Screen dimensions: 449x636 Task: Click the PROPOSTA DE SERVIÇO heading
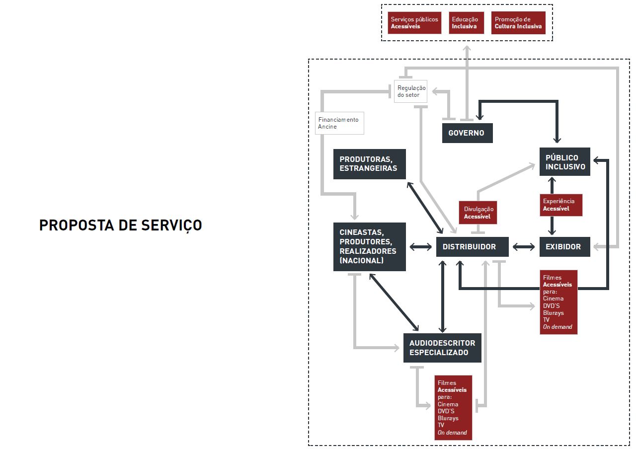coord(121,225)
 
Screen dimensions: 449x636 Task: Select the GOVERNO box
coord(467,133)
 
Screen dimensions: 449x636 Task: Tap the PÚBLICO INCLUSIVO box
coord(565,162)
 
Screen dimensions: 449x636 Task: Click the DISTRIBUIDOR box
coord(472,247)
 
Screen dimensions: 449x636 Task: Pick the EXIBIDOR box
coord(564,247)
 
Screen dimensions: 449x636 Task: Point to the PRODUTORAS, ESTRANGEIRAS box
coord(369,164)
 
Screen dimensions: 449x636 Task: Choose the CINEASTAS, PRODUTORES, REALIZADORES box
coord(369,246)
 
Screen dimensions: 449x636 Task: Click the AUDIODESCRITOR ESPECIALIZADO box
coord(442,348)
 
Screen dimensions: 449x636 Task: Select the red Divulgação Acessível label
coord(477,213)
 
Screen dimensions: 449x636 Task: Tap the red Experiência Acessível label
coord(561,205)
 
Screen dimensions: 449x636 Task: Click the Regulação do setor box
coord(410,91)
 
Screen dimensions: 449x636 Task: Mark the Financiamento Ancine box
coord(340,123)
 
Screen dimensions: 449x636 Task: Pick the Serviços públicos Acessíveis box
coord(414,23)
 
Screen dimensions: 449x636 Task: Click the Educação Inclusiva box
coord(466,23)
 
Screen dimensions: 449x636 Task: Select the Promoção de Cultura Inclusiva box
coord(518,23)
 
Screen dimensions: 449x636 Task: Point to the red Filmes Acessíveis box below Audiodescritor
coord(453,408)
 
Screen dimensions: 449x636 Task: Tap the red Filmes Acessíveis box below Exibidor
coord(558,302)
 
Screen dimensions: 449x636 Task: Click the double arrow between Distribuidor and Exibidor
coord(524,247)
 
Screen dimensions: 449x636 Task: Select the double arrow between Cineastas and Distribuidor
coord(421,247)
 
